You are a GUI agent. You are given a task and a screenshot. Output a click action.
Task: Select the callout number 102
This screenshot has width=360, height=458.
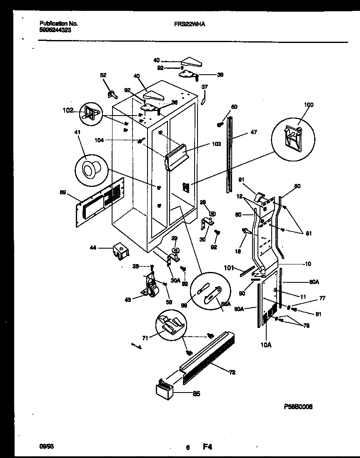[68, 111]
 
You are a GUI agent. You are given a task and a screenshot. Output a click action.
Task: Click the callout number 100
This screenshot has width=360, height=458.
[308, 105]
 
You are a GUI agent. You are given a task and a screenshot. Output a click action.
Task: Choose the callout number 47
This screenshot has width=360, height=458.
[254, 132]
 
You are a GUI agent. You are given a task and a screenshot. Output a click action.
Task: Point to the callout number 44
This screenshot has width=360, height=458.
[93, 248]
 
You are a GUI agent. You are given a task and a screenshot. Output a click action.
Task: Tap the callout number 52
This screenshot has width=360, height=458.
[103, 75]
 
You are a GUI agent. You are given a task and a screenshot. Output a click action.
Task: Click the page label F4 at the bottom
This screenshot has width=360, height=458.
[207, 447]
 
